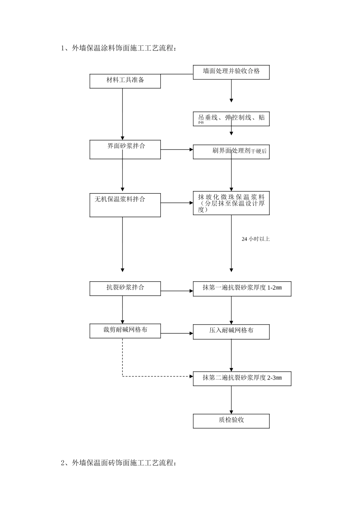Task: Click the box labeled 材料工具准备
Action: tap(125, 81)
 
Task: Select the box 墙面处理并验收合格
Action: tap(231, 72)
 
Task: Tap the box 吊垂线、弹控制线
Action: tap(231, 119)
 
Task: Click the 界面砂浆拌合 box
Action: tap(125, 150)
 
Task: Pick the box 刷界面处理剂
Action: tap(231, 151)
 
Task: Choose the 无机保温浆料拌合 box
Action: tap(125, 205)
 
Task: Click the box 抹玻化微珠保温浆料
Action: tap(231, 203)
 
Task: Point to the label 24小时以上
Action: tap(256, 239)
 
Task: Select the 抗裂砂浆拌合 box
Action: tap(125, 288)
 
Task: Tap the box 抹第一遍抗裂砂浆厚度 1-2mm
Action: tap(242, 289)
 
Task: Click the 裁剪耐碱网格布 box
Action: tap(125, 331)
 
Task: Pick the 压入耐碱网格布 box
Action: tap(231, 331)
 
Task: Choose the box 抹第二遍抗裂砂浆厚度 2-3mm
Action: tap(242, 378)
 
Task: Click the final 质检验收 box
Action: tap(231, 421)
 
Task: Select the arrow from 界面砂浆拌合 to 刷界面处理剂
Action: tap(177, 150)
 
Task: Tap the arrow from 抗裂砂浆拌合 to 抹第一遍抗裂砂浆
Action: tap(177, 291)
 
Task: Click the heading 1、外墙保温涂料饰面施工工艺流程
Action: tap(118, 48)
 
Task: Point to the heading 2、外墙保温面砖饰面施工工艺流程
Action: tap(118, 463)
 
